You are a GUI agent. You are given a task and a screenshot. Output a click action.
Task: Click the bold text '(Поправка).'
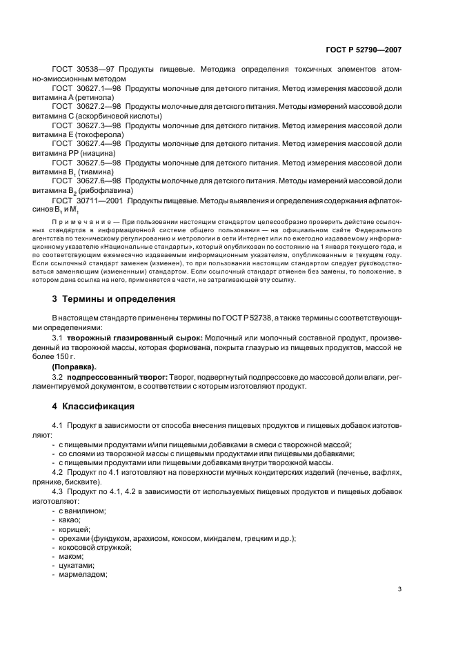click(74, 367)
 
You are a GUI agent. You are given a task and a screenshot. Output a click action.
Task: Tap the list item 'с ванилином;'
click(82, 510)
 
